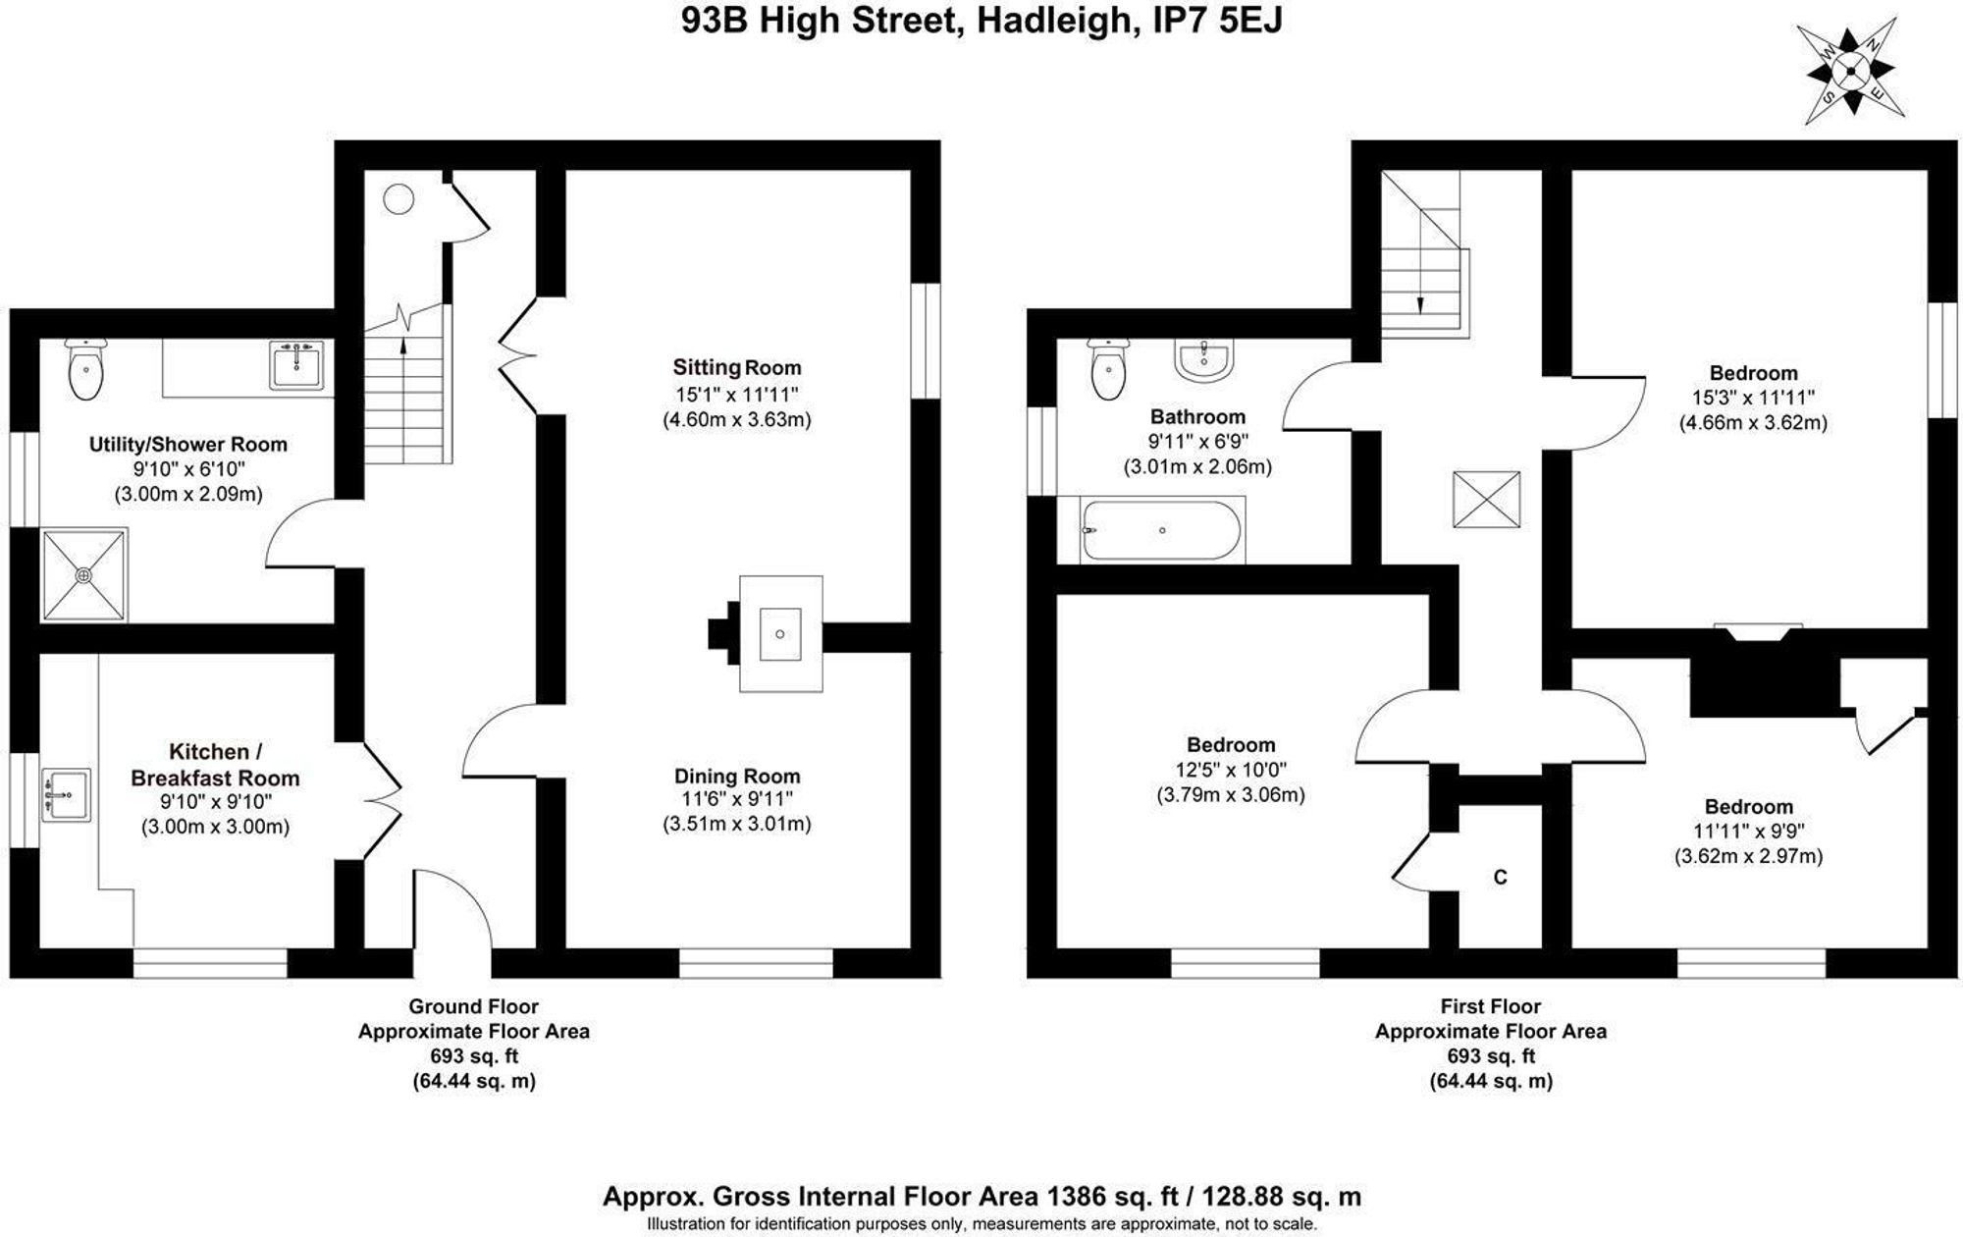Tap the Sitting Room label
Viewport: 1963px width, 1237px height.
736,367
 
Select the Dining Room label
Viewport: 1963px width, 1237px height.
737,776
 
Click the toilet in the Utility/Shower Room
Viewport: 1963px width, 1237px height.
86,370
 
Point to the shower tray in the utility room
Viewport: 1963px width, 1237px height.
84,575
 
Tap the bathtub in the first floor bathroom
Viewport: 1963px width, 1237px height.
1162,530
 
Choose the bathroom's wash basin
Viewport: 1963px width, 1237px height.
1202,360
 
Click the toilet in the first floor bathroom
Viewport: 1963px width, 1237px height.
1109,370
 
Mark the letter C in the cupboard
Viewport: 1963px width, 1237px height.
1500,877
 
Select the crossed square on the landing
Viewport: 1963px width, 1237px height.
1486,500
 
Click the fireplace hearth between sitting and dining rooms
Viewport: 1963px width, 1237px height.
780,633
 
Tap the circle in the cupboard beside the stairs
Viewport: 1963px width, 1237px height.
398,199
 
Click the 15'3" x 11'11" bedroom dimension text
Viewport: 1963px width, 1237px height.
1753,398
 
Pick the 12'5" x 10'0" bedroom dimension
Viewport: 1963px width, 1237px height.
1231,770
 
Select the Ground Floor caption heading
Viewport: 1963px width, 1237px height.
473,1006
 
